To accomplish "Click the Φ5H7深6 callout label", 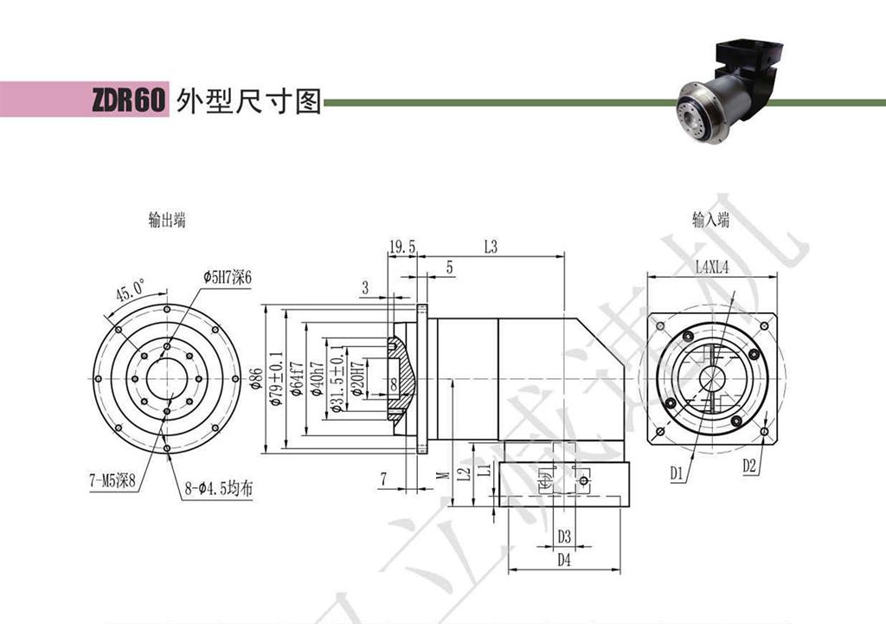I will click(x=227, y=275).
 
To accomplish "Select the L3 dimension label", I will click(x=491, y=248).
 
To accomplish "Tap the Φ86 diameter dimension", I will click(x=256, y=378).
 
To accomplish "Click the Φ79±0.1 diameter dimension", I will click(x=275, y=378).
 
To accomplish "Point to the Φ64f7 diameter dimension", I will click(x=295, y=378).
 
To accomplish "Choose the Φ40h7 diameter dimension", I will click(x=316, y=378).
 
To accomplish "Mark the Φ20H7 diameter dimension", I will click(x=356, y=378).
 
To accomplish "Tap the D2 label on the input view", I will click(x=749, y=466).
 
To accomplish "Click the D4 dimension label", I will click(x=564, y=560).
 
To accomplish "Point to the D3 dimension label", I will click(x=564, y=536).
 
